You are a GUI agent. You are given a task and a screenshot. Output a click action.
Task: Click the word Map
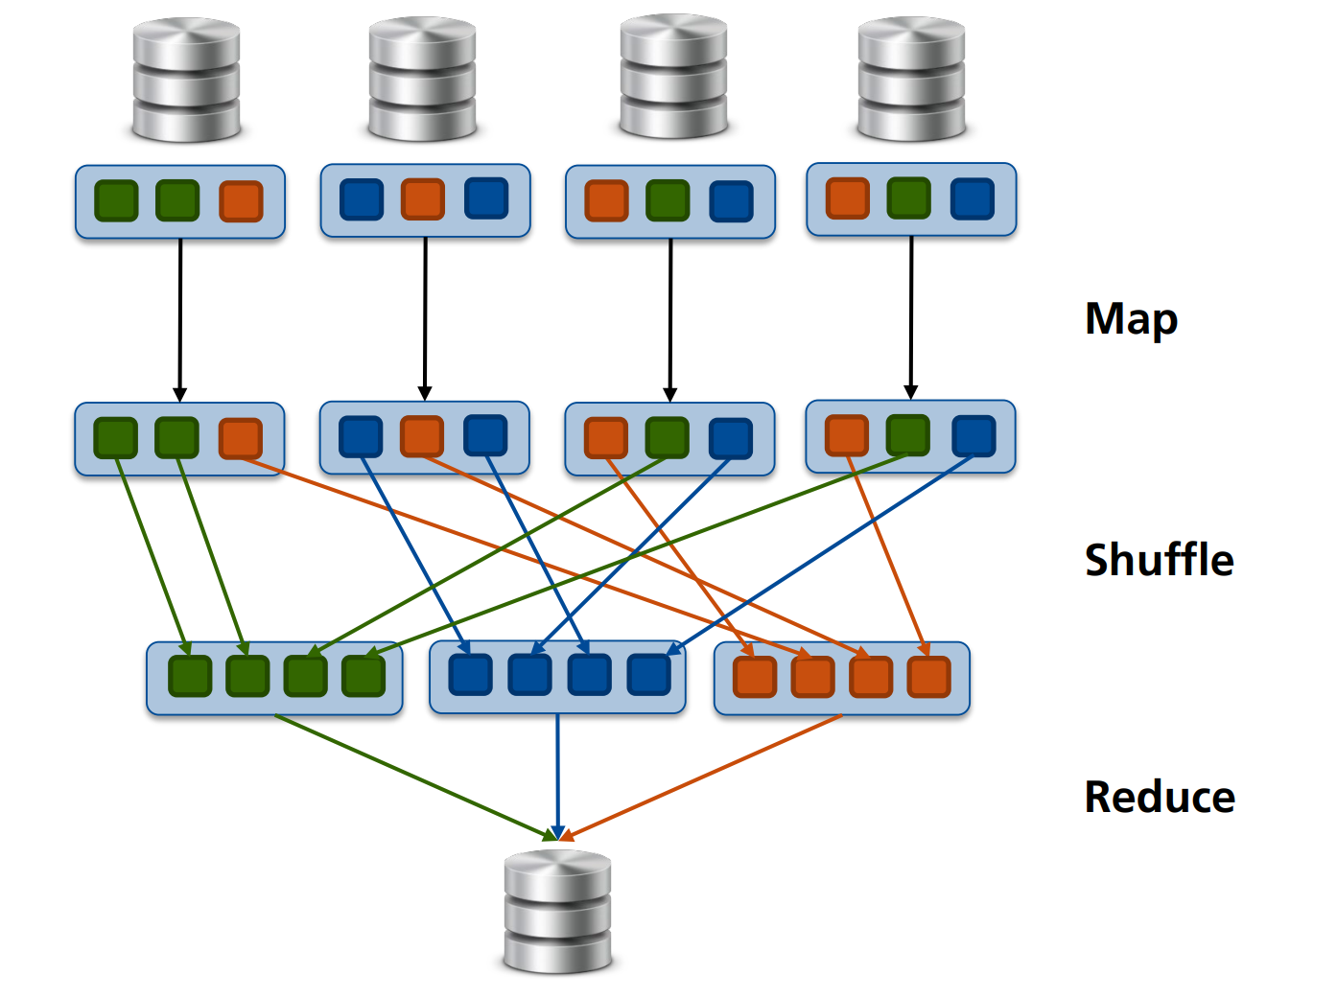[1131, 320]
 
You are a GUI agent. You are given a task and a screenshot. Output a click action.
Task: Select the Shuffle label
[1159, 560]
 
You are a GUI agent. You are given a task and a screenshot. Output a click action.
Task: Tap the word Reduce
[1160, 797]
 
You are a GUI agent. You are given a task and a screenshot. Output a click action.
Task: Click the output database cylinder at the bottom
[557, 911]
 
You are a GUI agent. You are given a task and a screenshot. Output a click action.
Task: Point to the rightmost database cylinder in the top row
[911, 79]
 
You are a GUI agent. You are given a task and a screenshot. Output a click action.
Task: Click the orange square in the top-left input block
[241, 201]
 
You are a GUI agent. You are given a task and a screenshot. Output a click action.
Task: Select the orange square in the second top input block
[423, 199]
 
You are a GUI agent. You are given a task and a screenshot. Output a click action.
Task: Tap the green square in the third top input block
[668, 201]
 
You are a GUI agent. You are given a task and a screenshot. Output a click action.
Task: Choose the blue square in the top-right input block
[973, 199]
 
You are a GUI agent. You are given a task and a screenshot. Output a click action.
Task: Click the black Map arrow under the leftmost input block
[179, 316]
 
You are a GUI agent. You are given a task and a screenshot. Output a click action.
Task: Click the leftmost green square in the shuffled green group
[190, 676]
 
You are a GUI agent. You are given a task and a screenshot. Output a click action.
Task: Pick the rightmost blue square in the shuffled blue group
[649, 674]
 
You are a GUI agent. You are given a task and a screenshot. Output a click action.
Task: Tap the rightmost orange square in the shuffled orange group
[928, 677]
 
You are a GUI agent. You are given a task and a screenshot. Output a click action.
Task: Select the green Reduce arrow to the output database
[412, 776]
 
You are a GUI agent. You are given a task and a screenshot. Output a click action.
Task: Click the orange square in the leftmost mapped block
[240, 438]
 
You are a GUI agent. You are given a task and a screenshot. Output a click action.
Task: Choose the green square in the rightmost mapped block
[908, 435]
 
